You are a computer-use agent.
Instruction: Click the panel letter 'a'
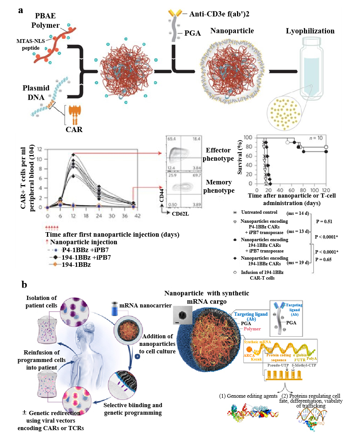pyautogui.click(x=21, y=10)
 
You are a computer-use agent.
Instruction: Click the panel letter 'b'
pyautogui.click(x=24, y=285)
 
